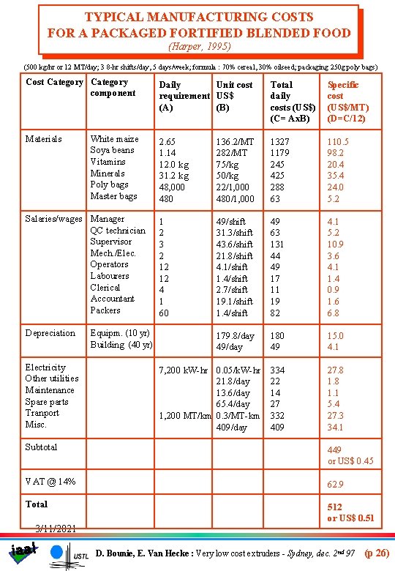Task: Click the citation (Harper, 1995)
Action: [200, 46]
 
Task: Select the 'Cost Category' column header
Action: [54, 82]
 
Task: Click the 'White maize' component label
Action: [114, 139]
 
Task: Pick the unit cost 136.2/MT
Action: [235, 142]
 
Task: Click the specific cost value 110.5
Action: [337, 142]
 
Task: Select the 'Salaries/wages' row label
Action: [53, 219]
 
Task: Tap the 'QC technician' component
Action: [118, 231]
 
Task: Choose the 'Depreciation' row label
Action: [50, 333]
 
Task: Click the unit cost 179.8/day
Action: [235, 336]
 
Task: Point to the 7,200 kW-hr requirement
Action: [186, 370]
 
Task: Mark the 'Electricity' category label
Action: [45, 367]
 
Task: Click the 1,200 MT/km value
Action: [186, 416]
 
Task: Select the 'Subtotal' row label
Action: [41, 447]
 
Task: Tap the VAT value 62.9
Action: [336, 485]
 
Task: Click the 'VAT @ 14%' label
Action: [50, 481]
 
